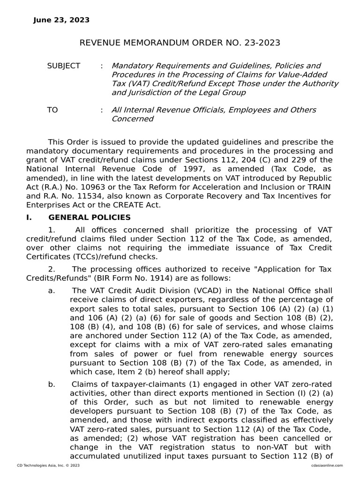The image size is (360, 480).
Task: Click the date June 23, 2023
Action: coord(61,20)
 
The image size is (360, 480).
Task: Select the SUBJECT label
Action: coord(63,66)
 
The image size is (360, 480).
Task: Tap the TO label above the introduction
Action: coord(52,110)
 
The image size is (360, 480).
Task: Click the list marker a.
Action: coord(51,291)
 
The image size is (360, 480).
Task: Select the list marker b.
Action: coord(51,384)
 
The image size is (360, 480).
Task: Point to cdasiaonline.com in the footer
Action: coord(327,465)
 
